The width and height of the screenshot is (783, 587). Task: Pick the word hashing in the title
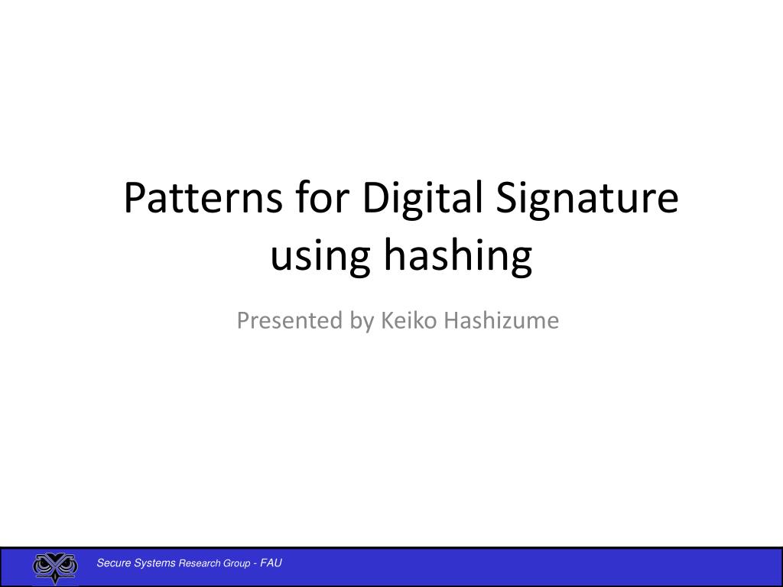tap(456, 257)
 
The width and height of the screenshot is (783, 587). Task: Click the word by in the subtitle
tap(362, 321)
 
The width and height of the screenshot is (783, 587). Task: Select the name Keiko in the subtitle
tap(408, 321)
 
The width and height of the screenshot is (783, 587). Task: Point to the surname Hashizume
tap(502, 321)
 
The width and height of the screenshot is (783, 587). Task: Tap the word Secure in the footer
tap(113, 563)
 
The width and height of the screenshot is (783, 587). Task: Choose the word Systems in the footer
tap(155, 563)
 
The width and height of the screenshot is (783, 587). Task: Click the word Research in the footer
tap(199, 563)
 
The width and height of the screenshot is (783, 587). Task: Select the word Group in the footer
tap(237, 563)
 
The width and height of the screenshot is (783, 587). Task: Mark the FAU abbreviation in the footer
tap(271, 563)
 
